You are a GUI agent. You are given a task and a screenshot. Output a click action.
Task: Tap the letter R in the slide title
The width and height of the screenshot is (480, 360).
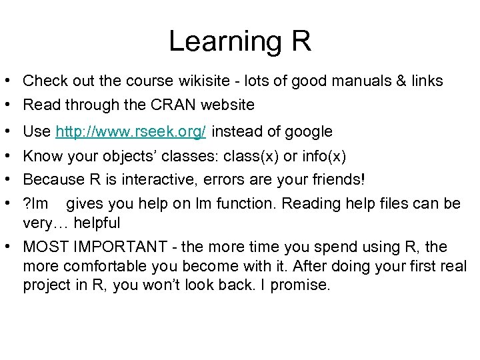click(x=301, y=41)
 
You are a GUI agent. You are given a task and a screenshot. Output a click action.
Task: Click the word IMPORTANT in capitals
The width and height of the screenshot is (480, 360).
click(x=120, y=247)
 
